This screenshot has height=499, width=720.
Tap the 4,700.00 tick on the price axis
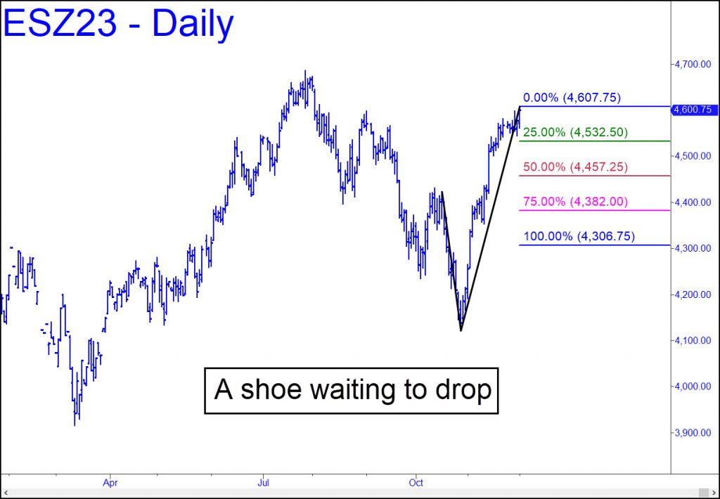click(693, 64)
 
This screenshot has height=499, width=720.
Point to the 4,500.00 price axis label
click(693, 156)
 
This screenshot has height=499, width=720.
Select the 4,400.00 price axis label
click(693, 202)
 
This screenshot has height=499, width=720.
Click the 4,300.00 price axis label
click(693, 248)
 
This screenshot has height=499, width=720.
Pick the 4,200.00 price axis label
click(693, 294)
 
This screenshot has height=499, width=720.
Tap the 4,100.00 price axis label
click(693, 340)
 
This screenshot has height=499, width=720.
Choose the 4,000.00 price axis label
click(693, 387)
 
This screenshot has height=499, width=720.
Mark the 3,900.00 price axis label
click(693, 432)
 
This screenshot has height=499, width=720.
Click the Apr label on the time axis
click(110, 483)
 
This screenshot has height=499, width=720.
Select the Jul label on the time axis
click(263, 483)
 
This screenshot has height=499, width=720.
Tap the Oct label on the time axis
click(416, 483)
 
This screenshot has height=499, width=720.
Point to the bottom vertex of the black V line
click(461, 330)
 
